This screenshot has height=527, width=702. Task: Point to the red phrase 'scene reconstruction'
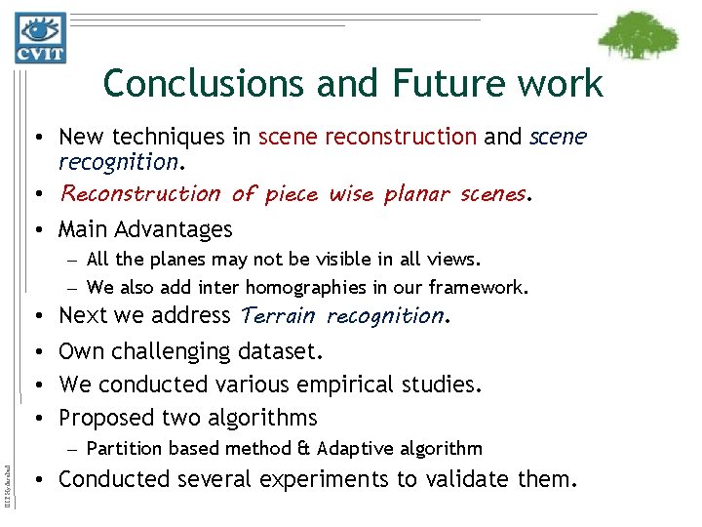pyautogui.click(x=368, y=138)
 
